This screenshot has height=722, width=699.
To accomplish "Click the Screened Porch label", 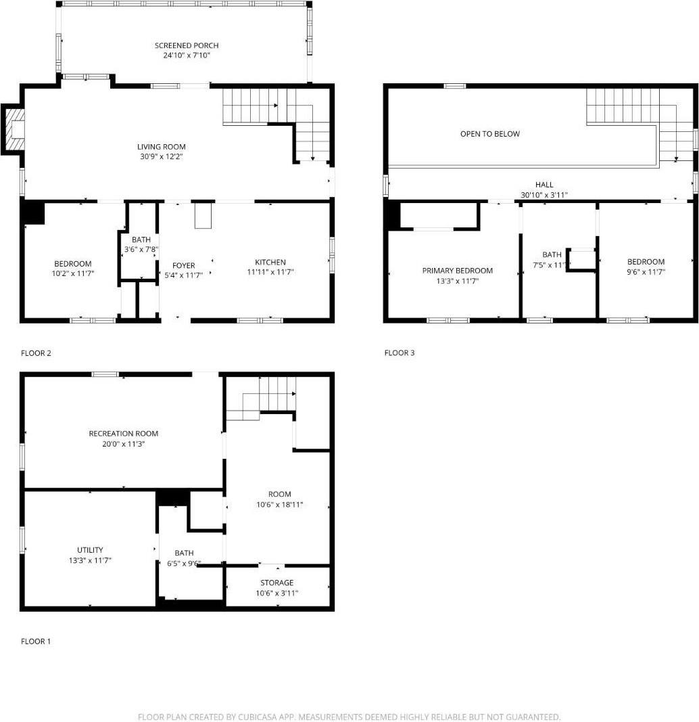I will tap(187, 45).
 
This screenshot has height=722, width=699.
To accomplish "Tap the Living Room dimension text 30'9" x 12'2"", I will tap(161, 156).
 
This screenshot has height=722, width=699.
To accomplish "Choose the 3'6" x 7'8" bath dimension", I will tap(141, 250).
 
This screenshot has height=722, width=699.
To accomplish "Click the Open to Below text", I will tap(490, 134).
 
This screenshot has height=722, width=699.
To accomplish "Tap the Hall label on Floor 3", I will tap(544, 185).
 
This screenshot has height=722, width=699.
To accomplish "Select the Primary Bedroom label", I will tap(458, 271).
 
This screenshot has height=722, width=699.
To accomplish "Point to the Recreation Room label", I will tap(124, 434).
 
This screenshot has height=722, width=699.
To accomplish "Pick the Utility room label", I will tap(90, 550).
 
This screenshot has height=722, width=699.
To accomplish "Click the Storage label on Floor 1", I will tap(277, 583).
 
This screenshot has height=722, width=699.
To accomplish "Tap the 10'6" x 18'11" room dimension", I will tap(279, 504).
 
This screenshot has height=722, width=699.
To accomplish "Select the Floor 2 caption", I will tap(36, 353).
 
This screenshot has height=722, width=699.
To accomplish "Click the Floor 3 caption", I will tap(400, 353).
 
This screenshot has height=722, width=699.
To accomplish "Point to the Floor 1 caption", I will tap(36, 641).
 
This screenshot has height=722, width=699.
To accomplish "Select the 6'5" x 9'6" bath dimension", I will tap(184, 563).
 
